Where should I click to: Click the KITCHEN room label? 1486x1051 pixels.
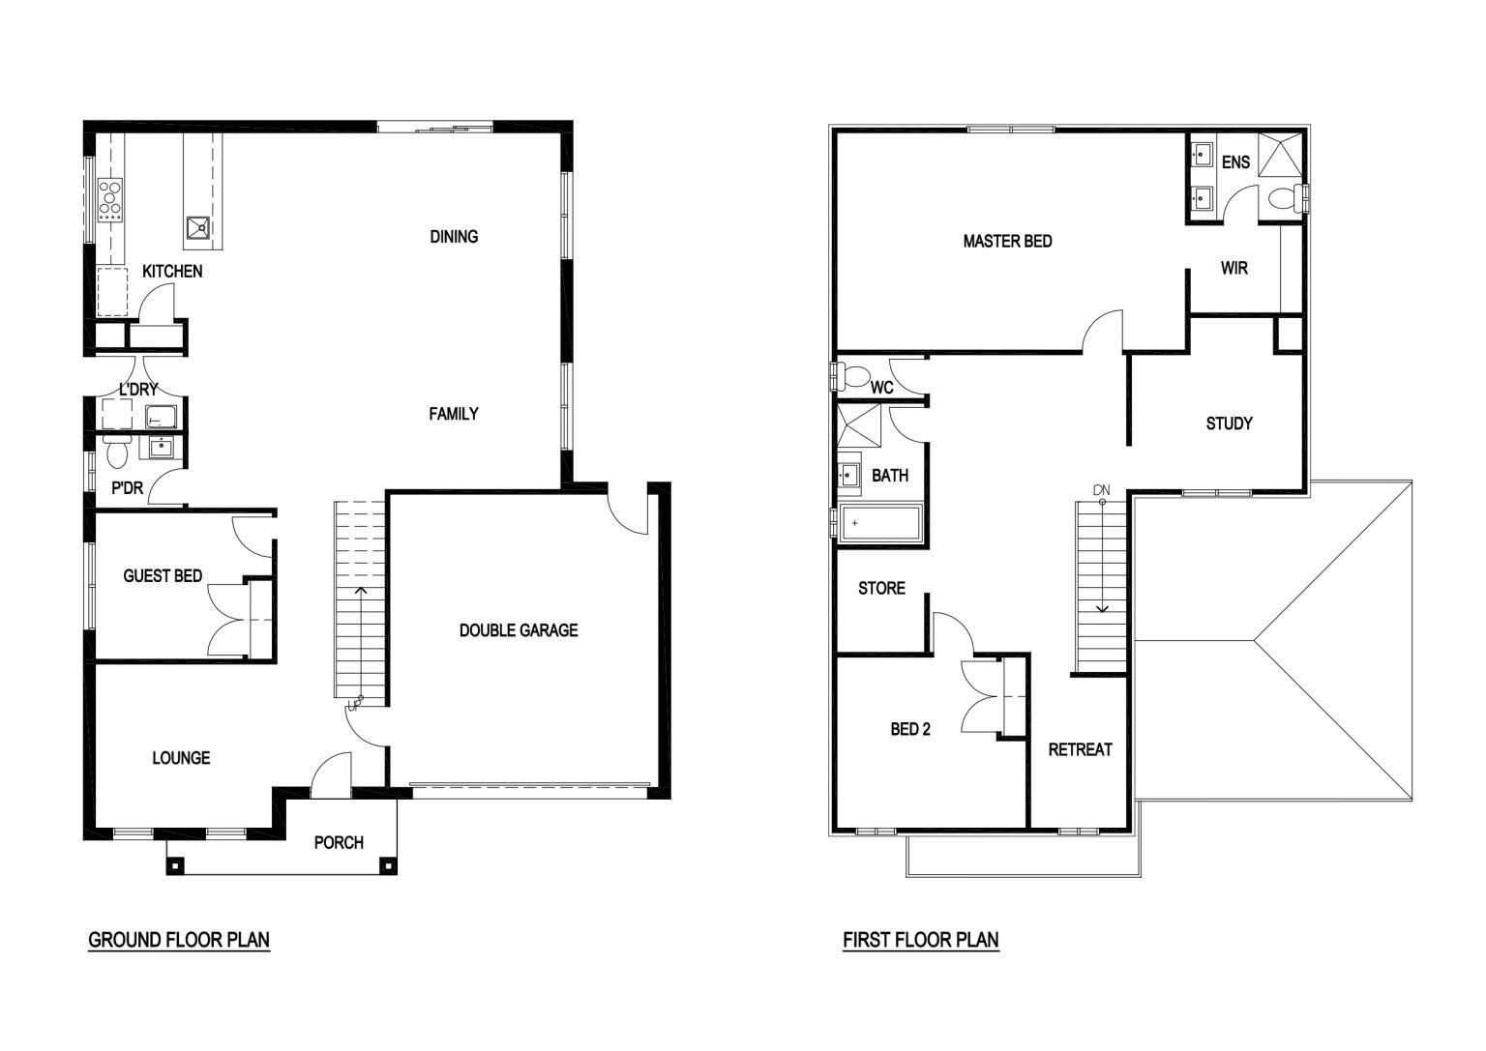(172, 271)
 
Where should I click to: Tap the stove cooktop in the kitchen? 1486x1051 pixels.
(110, 199)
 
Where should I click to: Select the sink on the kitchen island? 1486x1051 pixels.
(197, 227)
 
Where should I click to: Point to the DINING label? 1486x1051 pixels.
(454, 237)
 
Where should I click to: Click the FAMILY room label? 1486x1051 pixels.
(454, 414)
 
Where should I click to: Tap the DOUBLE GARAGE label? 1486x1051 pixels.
(519, 630)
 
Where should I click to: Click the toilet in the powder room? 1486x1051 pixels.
(116, 451)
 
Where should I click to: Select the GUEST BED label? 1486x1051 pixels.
(163, 575)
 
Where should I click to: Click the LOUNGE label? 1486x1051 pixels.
(181, 758)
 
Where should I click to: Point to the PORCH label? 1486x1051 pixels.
(339, 843)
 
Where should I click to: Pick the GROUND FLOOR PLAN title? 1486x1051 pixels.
(179, 940)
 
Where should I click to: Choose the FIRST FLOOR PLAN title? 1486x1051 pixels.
(921, 940)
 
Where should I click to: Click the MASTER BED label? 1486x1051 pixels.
(1008, 242)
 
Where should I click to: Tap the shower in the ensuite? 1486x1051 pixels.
(1280, 155)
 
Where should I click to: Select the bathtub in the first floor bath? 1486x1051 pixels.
(880, 523)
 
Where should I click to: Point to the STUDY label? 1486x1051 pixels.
(1230, 423)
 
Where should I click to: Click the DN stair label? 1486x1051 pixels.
(1101, 490)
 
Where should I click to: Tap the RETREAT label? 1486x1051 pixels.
(1080, 750)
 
